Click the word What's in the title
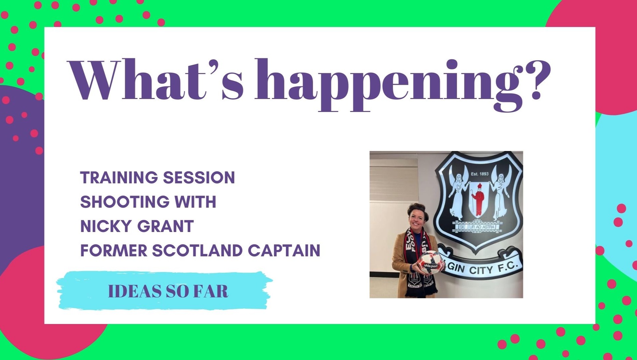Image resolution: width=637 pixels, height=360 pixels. (156, 80)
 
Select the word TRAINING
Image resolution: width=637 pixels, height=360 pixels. (119, 178)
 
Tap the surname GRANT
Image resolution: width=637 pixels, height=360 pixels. (166, 226)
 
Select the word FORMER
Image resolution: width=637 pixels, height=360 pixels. (114, 251)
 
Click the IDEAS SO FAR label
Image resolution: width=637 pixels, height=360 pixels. (168, 291)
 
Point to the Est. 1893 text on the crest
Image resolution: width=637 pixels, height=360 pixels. (479, 174)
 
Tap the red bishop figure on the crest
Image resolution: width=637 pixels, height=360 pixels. (479, 199)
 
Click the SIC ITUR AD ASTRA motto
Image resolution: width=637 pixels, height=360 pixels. (477, 227)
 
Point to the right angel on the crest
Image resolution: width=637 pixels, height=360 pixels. (499, 193)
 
